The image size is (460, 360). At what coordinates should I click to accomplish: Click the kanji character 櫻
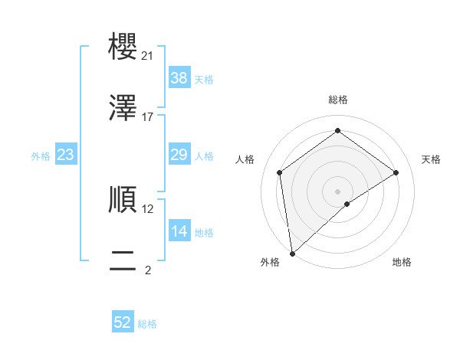(x=123, y=45)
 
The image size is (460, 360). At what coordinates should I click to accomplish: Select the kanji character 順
(x=123, y=198)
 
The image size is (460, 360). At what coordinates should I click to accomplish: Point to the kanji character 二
(x=123, y=260)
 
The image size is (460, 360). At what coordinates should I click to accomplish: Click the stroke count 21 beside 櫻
(x=148, y=56)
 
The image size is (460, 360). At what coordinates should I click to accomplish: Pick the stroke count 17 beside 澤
(x=148, y=117)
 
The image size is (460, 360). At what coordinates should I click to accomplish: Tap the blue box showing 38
(x=179, y=78)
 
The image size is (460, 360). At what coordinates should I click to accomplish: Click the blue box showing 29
(x=179, y=155)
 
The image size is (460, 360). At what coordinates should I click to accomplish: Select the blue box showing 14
(x=179, y=231)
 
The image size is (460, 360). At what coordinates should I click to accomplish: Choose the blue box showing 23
(x=65, y=155)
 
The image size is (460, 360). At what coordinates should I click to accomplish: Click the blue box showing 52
(x=123, y=323)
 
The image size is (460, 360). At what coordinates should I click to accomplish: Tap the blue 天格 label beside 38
(x=203, y=80)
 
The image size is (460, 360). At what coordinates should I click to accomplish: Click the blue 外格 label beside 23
(x=41, y=156)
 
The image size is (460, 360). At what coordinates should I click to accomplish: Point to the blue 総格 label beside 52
(x=147, y=324)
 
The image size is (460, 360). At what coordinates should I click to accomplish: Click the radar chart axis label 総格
(x=338, y=100)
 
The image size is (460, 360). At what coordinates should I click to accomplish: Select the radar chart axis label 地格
(x=402, y=262)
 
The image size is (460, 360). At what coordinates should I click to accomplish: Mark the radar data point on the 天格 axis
(x=396, y=172)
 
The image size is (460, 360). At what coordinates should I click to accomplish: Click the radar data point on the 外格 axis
(x=292, y=254)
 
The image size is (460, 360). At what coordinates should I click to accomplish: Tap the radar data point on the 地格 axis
(x=347, y=204)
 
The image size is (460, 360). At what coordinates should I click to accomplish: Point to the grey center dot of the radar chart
(x=338, y=191)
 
